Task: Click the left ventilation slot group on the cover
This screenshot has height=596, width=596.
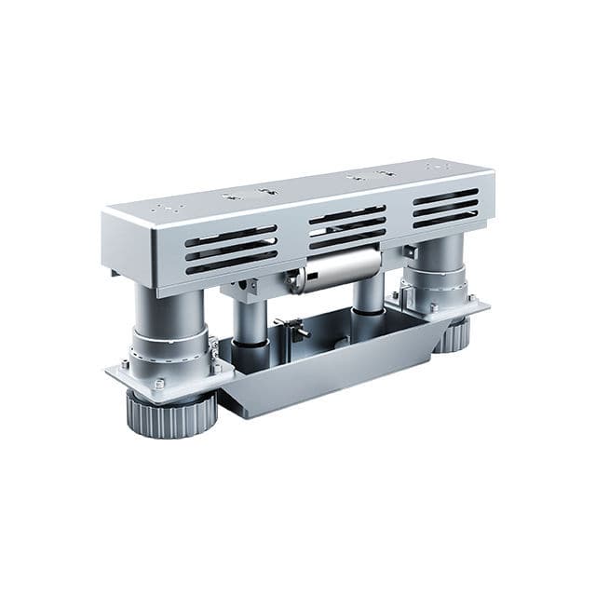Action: point(230,249)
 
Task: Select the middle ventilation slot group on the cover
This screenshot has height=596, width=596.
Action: point(346,226)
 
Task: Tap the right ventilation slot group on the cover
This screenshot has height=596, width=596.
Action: point(444,208)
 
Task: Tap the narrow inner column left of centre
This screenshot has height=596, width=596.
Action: point(250,321)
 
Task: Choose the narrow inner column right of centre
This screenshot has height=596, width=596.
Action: point(368,296)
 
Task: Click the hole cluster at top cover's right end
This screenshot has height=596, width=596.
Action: point(438,168)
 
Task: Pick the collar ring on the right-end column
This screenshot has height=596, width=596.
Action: point(436,280)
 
